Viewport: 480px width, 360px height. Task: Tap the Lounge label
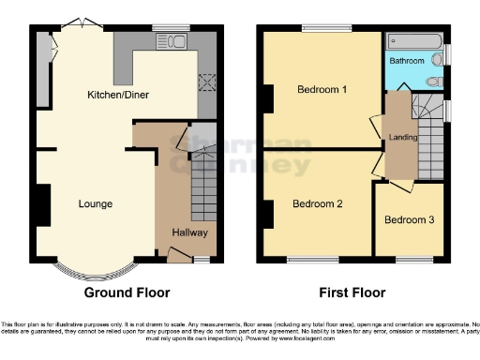[96, 203]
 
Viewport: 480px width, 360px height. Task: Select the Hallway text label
[189, 232]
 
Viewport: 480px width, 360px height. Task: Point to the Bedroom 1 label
[322, 90]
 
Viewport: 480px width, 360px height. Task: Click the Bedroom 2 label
[317, 203]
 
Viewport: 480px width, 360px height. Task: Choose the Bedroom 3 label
[409, 220]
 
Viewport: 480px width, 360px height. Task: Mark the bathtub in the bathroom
[413, 40]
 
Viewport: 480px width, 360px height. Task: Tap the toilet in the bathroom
[432, 82]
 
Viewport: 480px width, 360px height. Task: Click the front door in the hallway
[176, 251]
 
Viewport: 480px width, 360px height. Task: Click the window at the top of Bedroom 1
[322, 28]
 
